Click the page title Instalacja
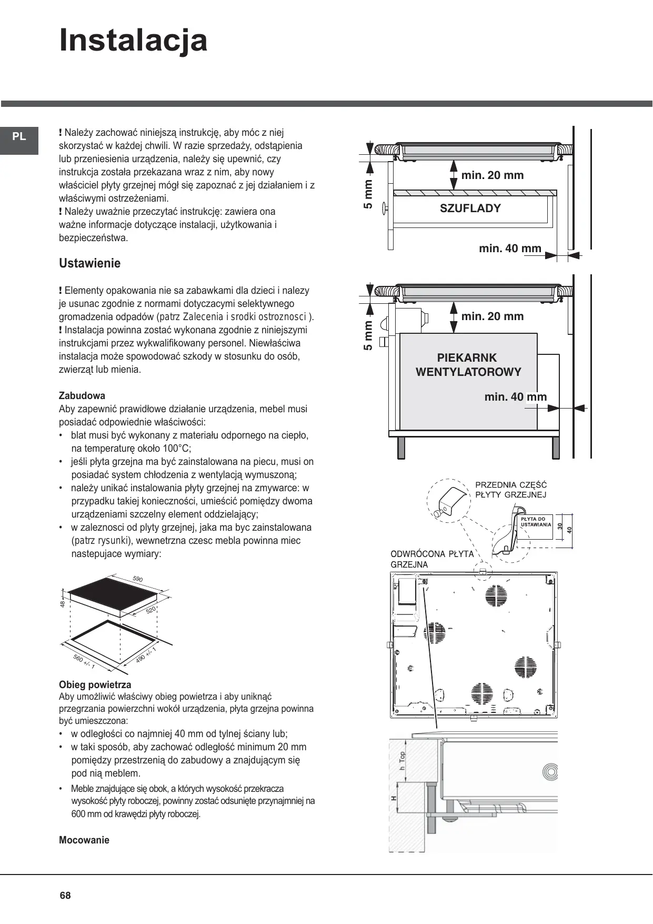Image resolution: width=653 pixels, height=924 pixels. (x=133, y=41)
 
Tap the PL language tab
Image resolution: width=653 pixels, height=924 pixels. (x=19, y=137)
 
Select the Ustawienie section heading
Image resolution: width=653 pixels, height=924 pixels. (x=89, y=263)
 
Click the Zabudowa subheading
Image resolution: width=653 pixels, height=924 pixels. (x=82, y=395)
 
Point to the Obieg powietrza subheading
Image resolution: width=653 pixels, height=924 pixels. (x=95, y=685)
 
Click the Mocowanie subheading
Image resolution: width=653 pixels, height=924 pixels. (x=84, y=840)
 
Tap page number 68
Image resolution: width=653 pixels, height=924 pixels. (x=65, y=896)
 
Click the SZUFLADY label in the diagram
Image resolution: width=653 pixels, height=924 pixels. (x=470, y=208)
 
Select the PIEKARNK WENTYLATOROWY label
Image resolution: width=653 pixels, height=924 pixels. (x=468, y=365)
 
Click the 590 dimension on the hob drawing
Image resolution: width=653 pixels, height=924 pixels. (x=138, y=579)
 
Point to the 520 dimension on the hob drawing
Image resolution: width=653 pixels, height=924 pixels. (x=151, y=610)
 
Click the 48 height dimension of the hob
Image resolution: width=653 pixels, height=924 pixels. (x=63, y=604)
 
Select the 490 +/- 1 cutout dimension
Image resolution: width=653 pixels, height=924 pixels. (x=146, y=654)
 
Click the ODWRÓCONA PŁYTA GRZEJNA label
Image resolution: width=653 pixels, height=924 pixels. (x=432, y=559)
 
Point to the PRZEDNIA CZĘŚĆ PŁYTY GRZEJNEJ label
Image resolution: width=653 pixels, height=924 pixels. (x=511, y=490)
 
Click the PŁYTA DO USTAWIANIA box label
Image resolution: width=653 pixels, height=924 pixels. (x=536, y=522)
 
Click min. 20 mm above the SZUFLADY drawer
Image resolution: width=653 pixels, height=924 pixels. (x=493, y=175)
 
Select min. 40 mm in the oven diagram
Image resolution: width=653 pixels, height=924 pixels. (x=516, y=397)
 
